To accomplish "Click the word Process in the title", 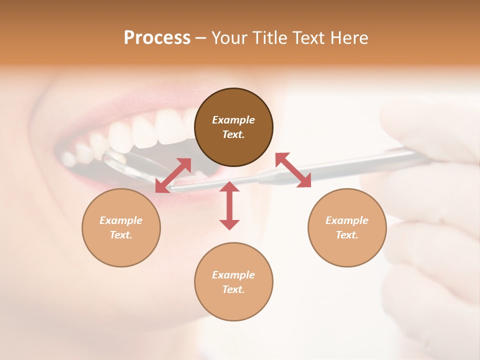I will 157,38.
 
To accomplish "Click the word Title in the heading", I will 268,38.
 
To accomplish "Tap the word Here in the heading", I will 350,38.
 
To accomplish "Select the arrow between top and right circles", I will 293,170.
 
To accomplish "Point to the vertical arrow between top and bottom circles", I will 229,205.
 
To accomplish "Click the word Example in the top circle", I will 233,120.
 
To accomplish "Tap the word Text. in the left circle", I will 121,235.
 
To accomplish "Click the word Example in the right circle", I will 347,220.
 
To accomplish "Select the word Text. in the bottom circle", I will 233,289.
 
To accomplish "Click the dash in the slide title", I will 200,38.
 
